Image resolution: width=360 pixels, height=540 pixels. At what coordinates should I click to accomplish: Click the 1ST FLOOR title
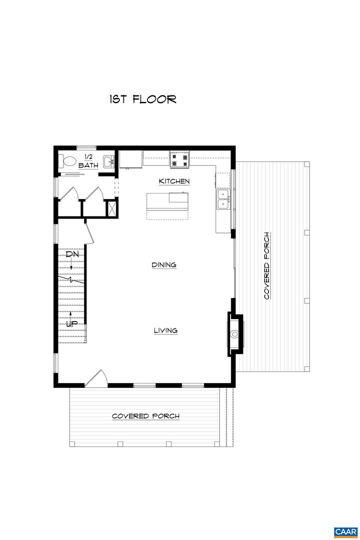point(143,99)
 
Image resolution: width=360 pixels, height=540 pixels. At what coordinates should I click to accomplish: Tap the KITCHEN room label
point(174,181)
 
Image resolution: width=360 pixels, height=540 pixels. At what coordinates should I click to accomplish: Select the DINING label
point(164,265)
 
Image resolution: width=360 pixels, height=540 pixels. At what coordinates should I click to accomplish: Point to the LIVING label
point(165,330)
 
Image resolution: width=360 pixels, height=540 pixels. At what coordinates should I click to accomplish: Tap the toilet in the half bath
point(68,161)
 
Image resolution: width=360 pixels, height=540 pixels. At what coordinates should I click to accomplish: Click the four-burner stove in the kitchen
point(180,158)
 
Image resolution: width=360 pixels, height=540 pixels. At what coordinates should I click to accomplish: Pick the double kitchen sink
point(223,199)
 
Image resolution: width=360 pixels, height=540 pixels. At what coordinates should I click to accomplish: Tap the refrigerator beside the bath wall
point(131,158)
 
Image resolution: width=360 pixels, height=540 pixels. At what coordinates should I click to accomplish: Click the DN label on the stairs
point(72,254)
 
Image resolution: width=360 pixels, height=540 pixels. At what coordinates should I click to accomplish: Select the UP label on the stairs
point(72,323)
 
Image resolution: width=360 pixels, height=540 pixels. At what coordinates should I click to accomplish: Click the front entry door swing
point(95,378)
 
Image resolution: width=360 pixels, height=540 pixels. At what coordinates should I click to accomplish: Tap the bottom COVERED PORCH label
point(145,416)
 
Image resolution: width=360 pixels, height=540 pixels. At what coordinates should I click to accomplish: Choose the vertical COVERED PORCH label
point(267,265)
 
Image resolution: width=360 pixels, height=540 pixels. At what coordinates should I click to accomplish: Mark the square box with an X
point(111,207)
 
